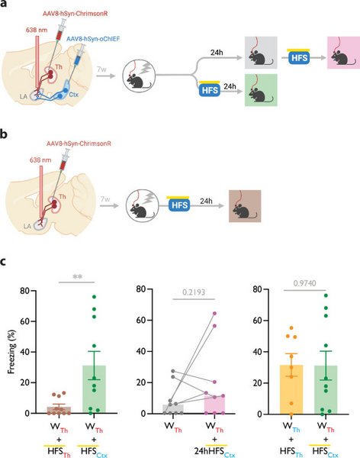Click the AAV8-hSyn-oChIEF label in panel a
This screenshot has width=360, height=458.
click(x=93, y=39)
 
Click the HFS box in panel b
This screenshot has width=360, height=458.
click(x=179, y=205)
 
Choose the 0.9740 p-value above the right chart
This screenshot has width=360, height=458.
click(x=304, y=283)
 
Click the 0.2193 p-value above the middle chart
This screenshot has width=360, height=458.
click(x=194, y=292)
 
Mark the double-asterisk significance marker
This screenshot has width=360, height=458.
click(x=77, y=276)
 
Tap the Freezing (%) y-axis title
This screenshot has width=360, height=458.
click(x=11, y=352)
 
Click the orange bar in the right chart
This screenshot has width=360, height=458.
click(x=291, y=389)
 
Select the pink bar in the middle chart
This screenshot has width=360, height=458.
click(x=214, y=405)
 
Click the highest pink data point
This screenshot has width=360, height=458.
click(x=214, y=314)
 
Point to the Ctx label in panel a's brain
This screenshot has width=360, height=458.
click(x=73, y=95)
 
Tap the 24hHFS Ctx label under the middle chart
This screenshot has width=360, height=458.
click(x=214, y=452)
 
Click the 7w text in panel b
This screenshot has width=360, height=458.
click(x=105, y=199)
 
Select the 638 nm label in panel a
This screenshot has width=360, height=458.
click(x=37, y=30)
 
